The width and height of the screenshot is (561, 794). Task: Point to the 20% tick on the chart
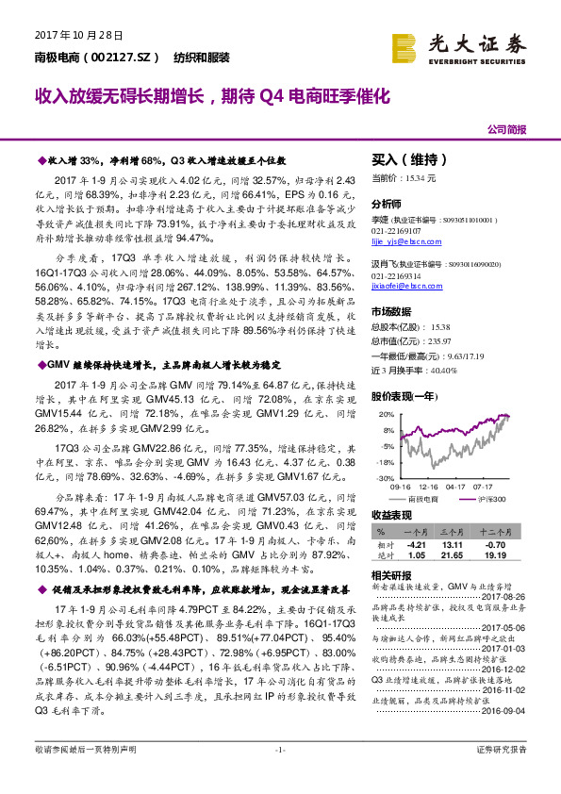click(x=386, y=414)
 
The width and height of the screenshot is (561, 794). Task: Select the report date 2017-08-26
click(x=505, y=596)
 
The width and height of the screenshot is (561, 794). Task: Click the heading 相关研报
click(x=390, y=574)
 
